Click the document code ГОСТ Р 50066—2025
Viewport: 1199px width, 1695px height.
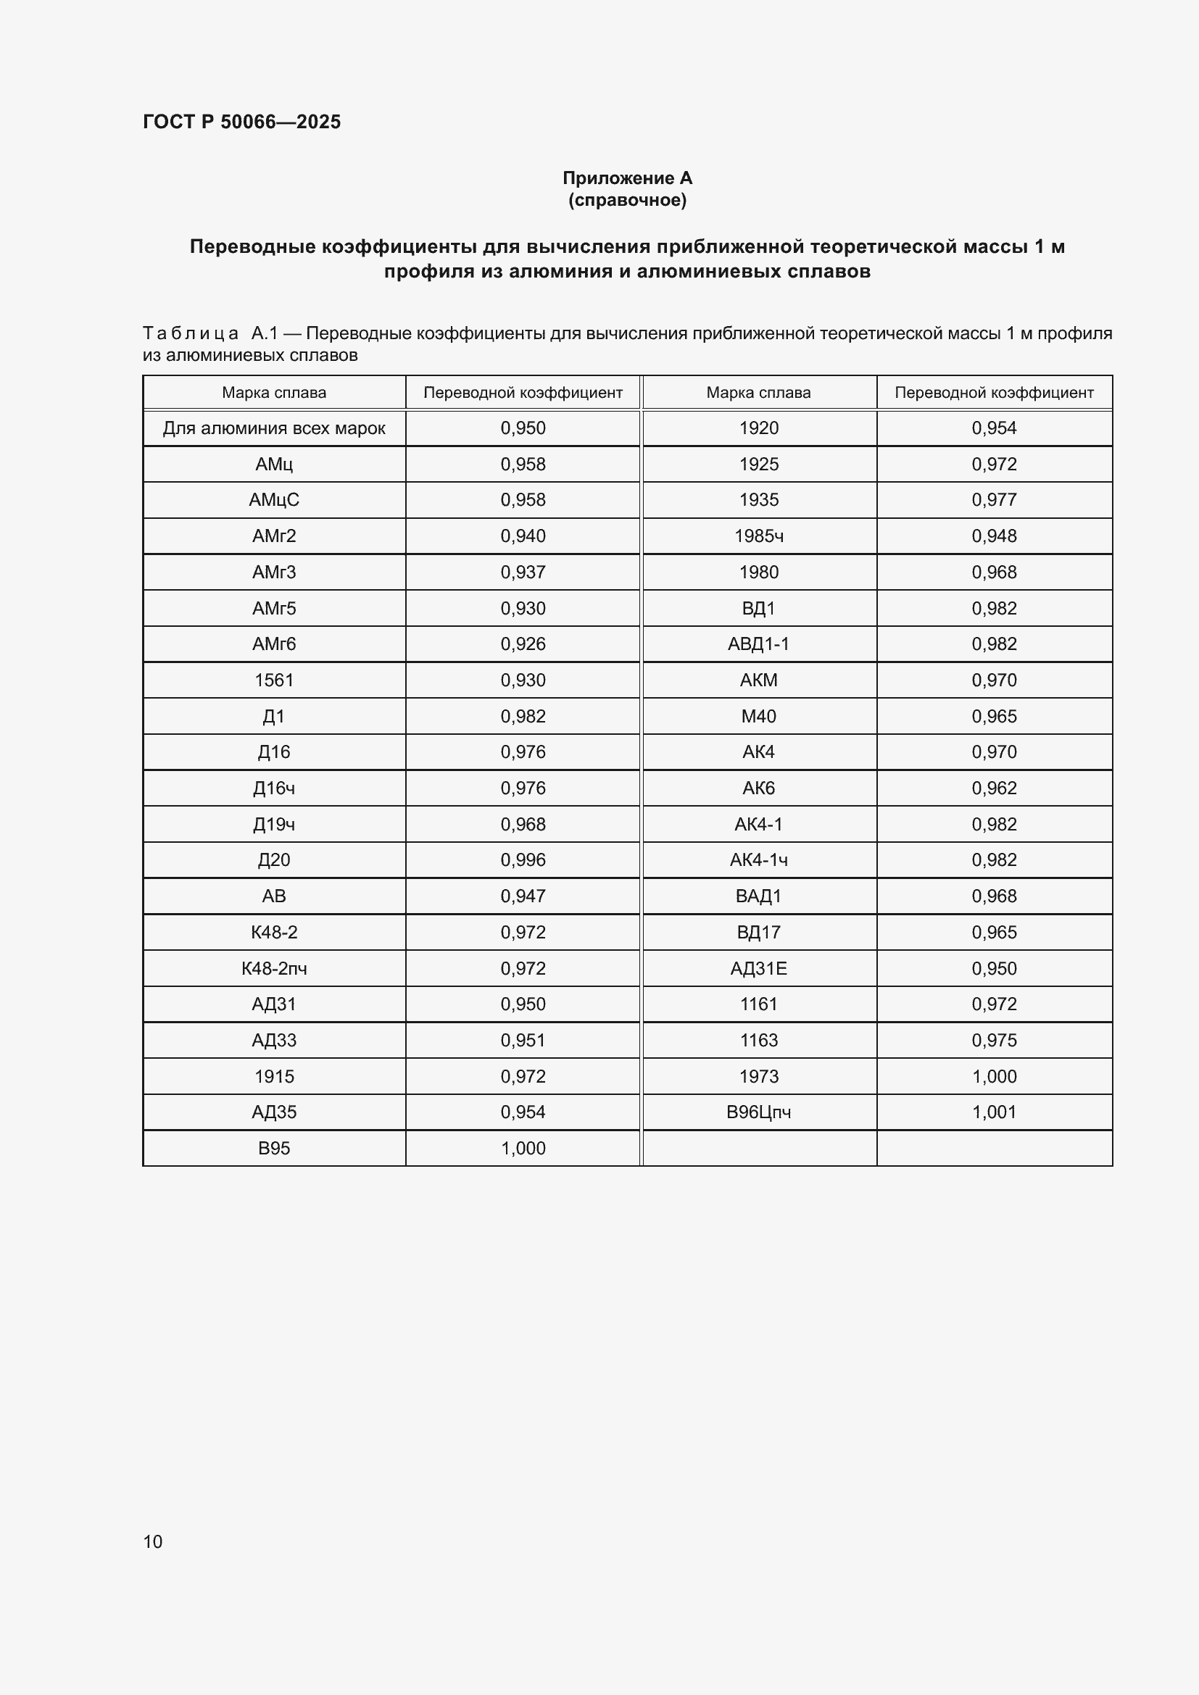241,122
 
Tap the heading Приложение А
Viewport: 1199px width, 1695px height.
627,178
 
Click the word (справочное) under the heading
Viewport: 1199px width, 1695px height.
627,200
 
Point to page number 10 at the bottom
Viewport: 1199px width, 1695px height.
153,1541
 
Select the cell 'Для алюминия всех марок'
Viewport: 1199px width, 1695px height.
274,428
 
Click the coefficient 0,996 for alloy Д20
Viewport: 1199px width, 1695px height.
523,859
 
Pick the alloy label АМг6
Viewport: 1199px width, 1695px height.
274,644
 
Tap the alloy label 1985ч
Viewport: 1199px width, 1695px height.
758,536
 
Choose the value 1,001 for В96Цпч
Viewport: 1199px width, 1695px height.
994,1112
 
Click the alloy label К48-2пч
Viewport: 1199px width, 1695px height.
274,968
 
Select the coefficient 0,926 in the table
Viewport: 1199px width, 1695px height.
523,644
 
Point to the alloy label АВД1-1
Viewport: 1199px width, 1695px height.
758,644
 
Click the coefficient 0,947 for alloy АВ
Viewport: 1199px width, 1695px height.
523,896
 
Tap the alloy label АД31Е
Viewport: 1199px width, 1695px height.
758,968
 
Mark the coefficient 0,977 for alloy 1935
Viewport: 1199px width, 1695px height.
994,500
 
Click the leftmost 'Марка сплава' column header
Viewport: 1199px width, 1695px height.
274,393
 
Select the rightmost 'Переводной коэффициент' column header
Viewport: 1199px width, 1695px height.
994,393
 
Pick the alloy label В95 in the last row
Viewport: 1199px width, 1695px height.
274,1148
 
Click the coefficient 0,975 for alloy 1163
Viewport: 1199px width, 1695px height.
994,1040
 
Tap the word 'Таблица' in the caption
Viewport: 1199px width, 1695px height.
191,333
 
